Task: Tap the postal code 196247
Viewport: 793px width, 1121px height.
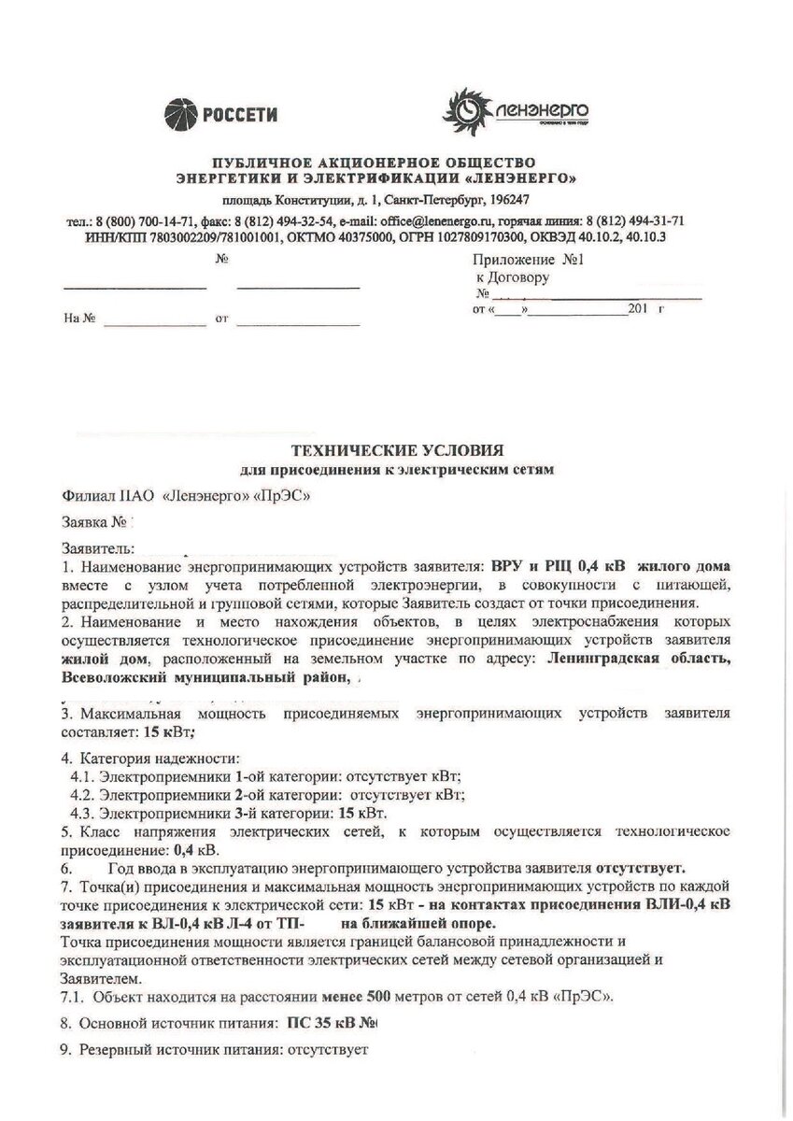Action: coord(509,200)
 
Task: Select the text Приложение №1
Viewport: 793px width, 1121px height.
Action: coord(528,262)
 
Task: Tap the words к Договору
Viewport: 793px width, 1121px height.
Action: coord(513,277)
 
